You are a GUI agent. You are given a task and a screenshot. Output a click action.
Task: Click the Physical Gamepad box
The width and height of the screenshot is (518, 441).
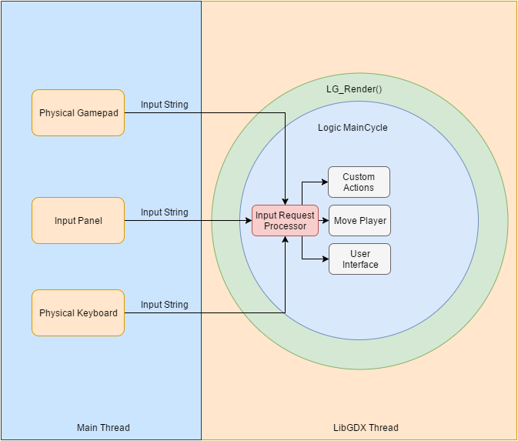coord(78,113)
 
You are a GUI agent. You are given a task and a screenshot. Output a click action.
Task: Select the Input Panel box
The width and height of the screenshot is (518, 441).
coord(78,221)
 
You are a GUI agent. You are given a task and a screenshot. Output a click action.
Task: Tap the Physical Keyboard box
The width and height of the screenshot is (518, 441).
coord(78,313)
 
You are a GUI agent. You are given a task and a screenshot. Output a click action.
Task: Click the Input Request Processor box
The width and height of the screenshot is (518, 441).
coord(285,221)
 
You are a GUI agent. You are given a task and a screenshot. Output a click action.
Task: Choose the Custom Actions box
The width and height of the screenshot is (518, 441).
coord(359,182)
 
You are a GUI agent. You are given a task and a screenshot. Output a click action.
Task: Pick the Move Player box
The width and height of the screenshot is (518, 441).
coord(359,221)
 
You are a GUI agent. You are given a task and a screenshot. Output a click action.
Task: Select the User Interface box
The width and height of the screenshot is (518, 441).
coord(359,259)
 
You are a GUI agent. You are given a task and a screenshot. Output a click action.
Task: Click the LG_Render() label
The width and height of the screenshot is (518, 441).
coord(354,89)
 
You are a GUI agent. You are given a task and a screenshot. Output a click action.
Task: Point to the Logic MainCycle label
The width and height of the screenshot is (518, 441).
coord(353,128)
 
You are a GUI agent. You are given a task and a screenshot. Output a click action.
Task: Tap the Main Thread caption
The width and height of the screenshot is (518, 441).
coord(103,428)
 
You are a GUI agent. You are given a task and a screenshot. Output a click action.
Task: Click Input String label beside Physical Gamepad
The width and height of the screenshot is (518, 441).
coord(164,105)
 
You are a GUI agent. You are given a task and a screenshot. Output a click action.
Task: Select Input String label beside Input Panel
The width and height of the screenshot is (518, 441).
coord(164,212)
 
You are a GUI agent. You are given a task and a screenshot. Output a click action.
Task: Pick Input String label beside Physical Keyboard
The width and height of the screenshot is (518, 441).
coord(164,305)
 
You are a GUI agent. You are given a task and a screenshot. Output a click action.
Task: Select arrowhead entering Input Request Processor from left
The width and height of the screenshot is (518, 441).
coord(248,221)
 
